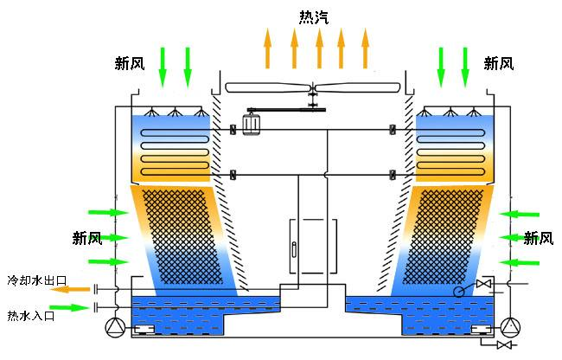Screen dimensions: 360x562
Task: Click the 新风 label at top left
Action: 130,63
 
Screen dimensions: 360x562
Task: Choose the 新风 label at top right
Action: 499,63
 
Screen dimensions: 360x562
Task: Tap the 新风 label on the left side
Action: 87,237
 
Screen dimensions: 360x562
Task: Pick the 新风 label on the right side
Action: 538,238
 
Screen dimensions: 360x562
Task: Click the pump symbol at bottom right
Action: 512,327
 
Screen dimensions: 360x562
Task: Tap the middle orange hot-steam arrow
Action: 319,48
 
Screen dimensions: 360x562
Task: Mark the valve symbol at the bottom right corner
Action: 504,346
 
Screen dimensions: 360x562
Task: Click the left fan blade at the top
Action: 264,87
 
